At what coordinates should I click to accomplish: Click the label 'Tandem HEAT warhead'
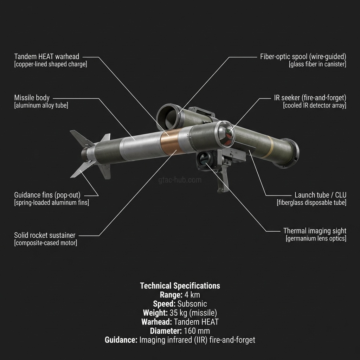tap(47, 57)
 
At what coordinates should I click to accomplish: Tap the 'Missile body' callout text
tap(32, 98)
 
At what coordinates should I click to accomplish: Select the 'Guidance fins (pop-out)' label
tap(47, 195)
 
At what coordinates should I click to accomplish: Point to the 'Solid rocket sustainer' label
tap(45, 235)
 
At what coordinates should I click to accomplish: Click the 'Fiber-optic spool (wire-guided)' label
tap(303, 57)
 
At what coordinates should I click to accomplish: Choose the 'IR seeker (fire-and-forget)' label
tap(310, 98)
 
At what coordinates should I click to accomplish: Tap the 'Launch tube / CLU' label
tap(321, 195)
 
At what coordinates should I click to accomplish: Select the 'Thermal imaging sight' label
tap(315, 231)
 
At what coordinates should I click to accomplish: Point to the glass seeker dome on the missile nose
tap(226, 134)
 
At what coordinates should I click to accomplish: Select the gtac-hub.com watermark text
tap(180, 180)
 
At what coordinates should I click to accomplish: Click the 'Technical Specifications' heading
tap(180, 285)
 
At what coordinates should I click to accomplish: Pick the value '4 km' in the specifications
tap(192, 295)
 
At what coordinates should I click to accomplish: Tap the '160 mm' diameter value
tap(197, 331)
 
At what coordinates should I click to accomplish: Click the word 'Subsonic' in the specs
tap(192, 304)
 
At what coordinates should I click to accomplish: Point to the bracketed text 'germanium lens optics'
tap(316, 239)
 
